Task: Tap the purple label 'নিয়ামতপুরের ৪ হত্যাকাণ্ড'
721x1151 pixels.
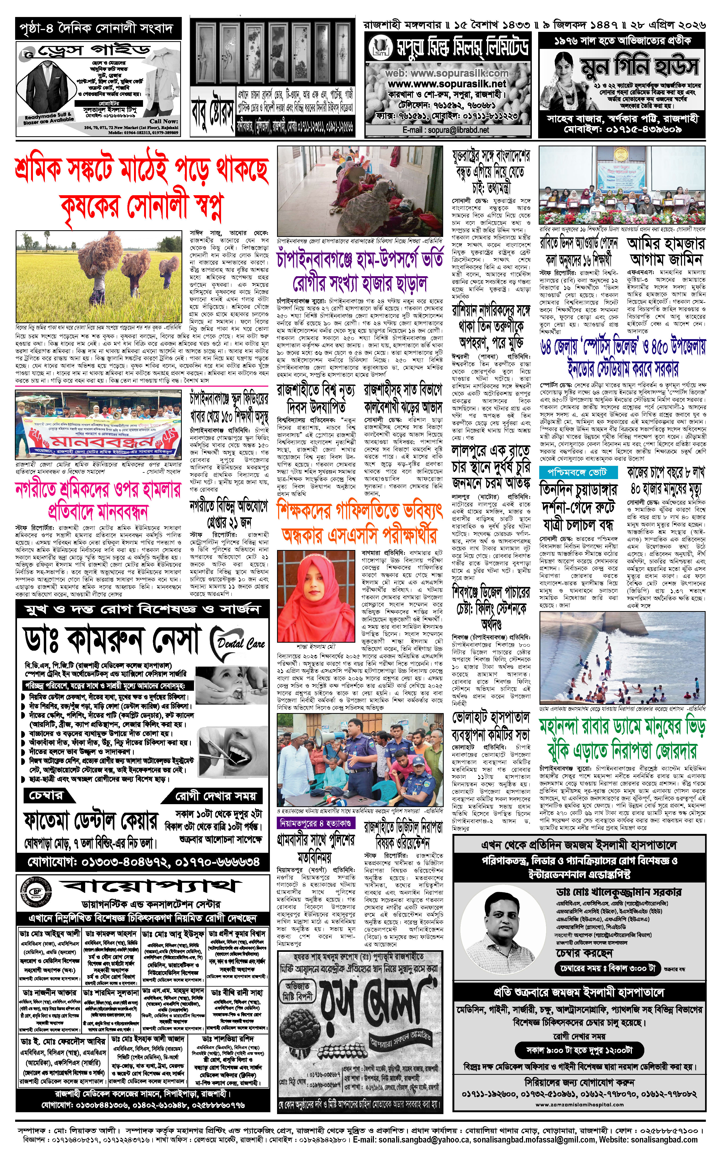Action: tap(315, 823)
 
